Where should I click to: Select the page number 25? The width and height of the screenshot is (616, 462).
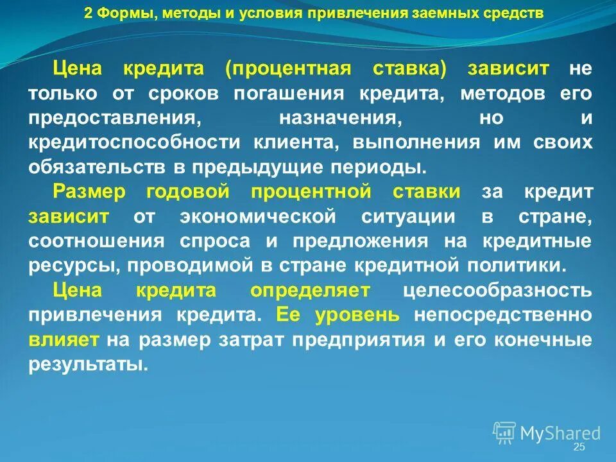[x=579, y=447]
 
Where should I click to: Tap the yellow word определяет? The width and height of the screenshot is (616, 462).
[x=310, y=290]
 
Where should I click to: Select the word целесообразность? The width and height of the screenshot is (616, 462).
[x=497, y=290]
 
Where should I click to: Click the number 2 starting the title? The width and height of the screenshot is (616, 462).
[x=89, y=13]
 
